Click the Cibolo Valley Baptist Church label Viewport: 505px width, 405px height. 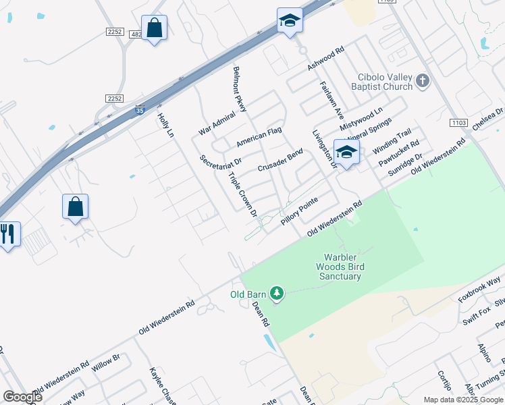(x=381, y=82)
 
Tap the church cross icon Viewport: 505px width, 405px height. (x=423, y=82)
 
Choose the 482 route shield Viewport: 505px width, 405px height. (x=137, y=34)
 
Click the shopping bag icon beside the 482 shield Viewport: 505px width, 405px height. (x=155, y=28)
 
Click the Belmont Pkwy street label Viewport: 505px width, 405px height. (x=240, y=88)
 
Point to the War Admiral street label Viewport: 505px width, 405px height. (x=217, y=123)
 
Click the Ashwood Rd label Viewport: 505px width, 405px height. (x=326, y=59)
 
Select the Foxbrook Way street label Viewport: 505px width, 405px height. (x=479, y=288)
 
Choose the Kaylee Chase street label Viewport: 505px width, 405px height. (x=163, y=385)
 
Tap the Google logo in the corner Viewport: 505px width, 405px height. (x=22, y=397)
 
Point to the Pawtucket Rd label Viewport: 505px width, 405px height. (x=399, y=153)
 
